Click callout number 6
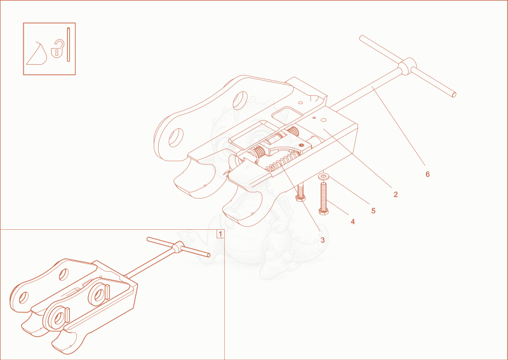(427, 175)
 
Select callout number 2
(395, 194)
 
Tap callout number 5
(373, 211)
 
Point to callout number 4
(352, 222)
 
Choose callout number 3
(323, 241)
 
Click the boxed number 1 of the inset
(220, 234)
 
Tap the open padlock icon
(58, 49)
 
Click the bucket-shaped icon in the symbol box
(37, 53)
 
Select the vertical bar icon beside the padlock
(69, 44)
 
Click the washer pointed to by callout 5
(323, 177)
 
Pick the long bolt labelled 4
(324, 198)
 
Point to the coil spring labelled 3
(281, 163)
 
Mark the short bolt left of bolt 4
(300, 192)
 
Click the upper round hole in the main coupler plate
(240, 100)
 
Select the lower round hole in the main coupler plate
(177, 138)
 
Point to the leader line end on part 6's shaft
(372, 86)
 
